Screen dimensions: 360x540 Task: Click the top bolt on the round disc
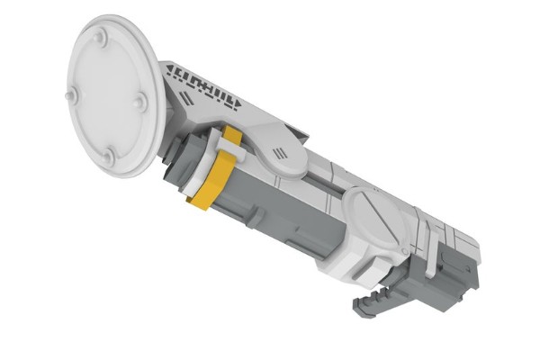point(100,38)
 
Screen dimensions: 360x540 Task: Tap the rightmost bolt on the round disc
point(139,102)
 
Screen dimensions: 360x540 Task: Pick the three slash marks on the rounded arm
point(281,151)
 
